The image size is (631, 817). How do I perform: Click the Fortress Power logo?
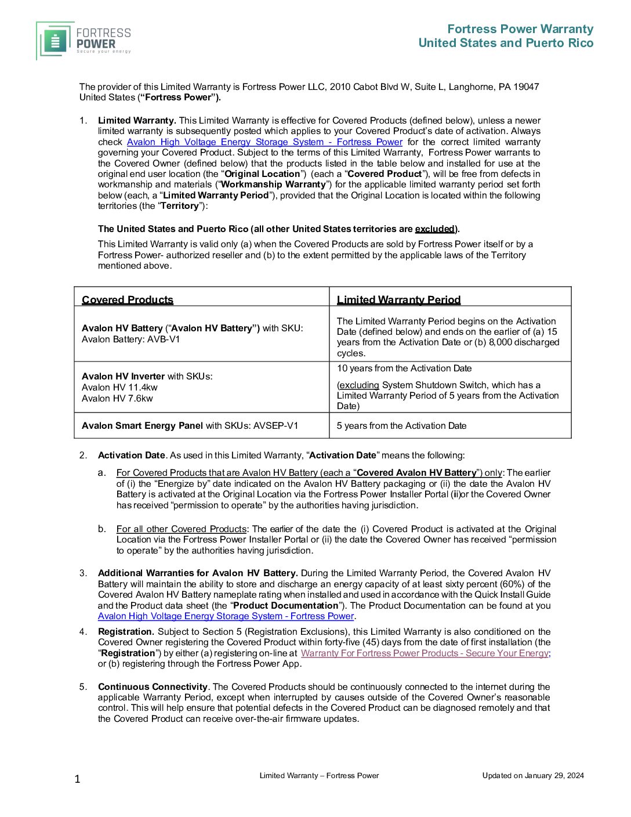tap(84, 41)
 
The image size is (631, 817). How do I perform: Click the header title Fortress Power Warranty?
tap(520, 29)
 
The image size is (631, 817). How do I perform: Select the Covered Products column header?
tap(128, 299)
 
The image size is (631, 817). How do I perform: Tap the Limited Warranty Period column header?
tap(398, 299)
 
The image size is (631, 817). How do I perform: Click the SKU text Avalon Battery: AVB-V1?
tap(131, 339)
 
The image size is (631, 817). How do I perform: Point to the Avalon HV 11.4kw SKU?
tap(119, 387)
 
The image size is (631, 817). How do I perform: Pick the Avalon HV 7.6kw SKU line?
tap(117, 398)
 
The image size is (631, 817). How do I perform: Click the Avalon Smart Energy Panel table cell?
tap(190, 425)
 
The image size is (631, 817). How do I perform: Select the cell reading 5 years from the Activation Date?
tap(401, 425)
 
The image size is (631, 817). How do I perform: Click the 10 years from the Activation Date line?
tap(404, 368)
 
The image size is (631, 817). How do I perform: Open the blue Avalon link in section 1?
tap(264, 142)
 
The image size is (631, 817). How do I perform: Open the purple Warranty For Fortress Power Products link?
tap(424, 653)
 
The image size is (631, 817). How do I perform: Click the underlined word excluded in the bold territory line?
tap(434, 229)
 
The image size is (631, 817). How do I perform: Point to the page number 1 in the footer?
tap(77, 779)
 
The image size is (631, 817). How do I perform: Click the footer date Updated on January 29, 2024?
tap(533, 775)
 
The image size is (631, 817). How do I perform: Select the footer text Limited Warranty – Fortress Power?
tap(319, 775)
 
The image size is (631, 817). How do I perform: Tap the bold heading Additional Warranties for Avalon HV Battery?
tap(198, 573)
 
